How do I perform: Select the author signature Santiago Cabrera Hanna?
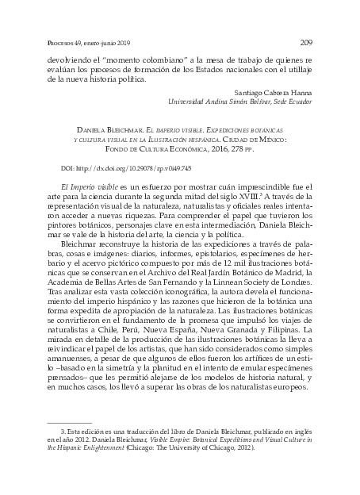(274, 92)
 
